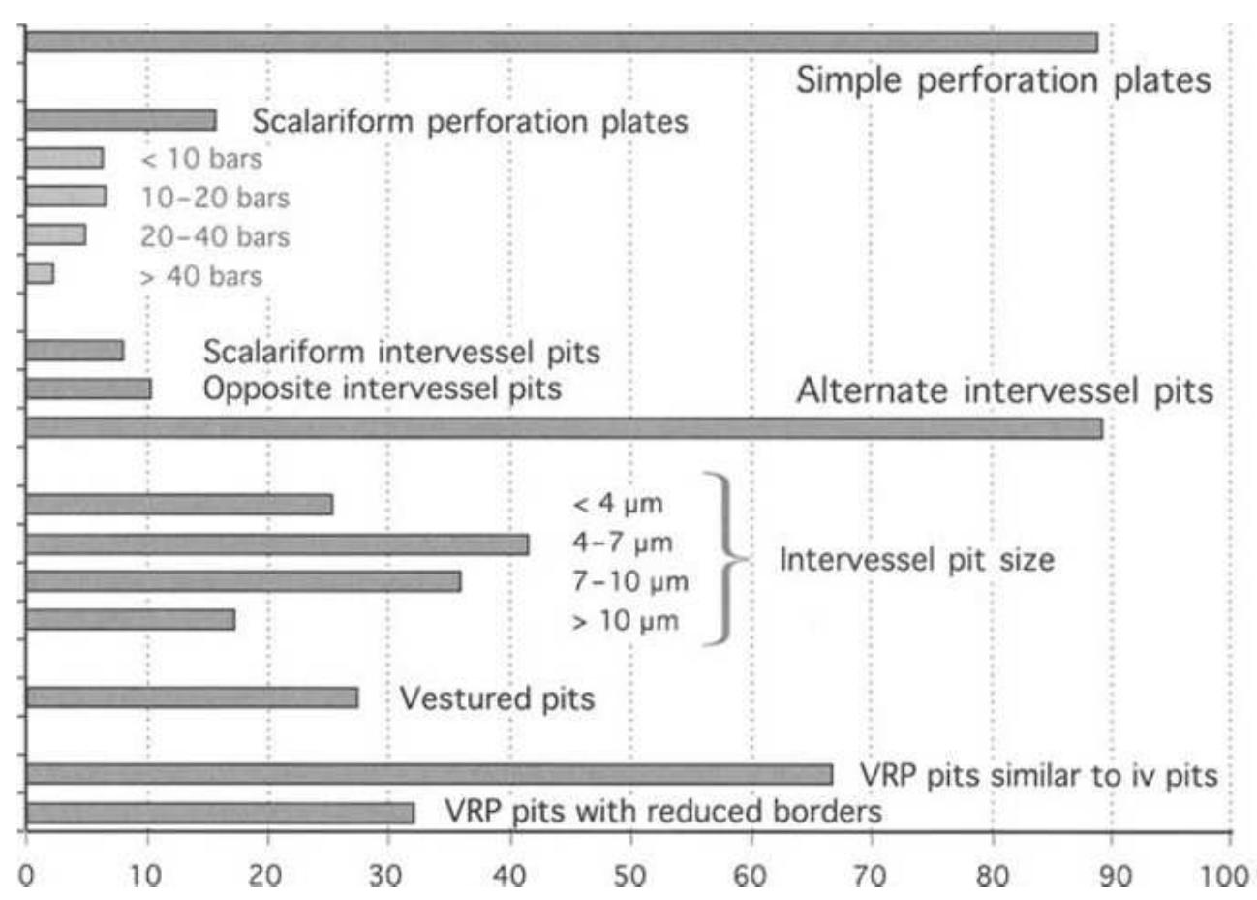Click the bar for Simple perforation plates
pos(562,43)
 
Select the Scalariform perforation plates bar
pos(121,120)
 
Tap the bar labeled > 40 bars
pos(40,274)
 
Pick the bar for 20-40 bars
pos(56,235)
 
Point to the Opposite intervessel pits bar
pos(88,389)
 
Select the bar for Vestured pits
pos(192,698)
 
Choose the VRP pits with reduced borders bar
pos(220,813)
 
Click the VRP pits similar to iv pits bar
pos(429,774)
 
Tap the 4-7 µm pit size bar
pos(277,544)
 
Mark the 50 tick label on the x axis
pos(629,876)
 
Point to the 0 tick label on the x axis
pos(27,876)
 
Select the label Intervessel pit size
pos(916,560)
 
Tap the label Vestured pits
pos(497,698)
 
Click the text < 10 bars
pos(201,159)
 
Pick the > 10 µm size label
pos(625,621)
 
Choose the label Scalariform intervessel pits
pos(401,352)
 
